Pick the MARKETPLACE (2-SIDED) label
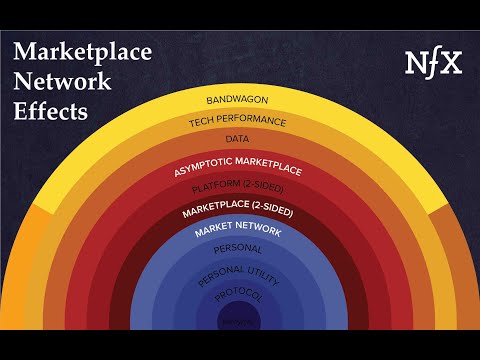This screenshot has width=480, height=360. pos(240,212)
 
